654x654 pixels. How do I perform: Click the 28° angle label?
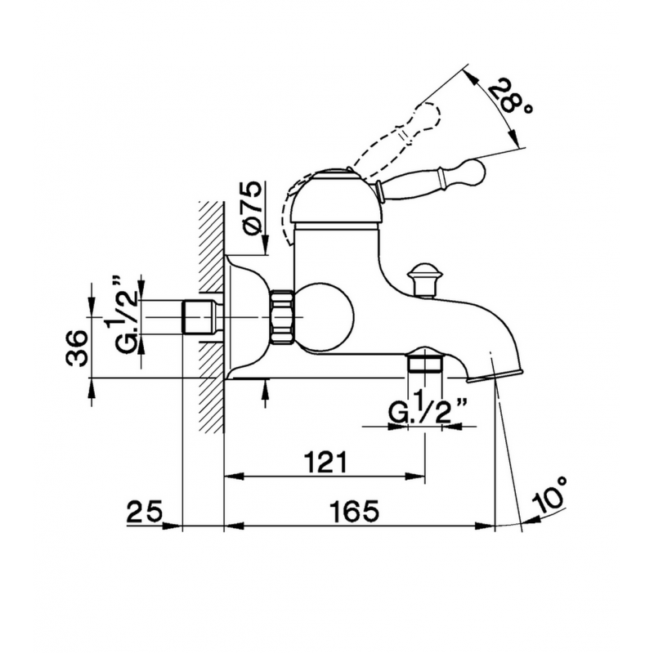pyautogui.click(x=510, y=98)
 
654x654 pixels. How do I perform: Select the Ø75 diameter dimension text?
pyautogui.click(x=253, y=208)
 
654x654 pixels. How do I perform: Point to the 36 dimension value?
pyautogui.click(x=77, y=348)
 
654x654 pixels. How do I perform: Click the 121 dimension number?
pyautogui.click(x=325, y=462)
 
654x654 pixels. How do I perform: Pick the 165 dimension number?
pyautogui.click(x=355, y=512)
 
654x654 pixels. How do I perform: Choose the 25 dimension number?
pyautogui.click(x=144, y=512)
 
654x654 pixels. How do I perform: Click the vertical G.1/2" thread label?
pyautogui.click(x=121, y=311)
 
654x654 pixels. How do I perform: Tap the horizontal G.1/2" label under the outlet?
pyautogui.click(x=427, y=410)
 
